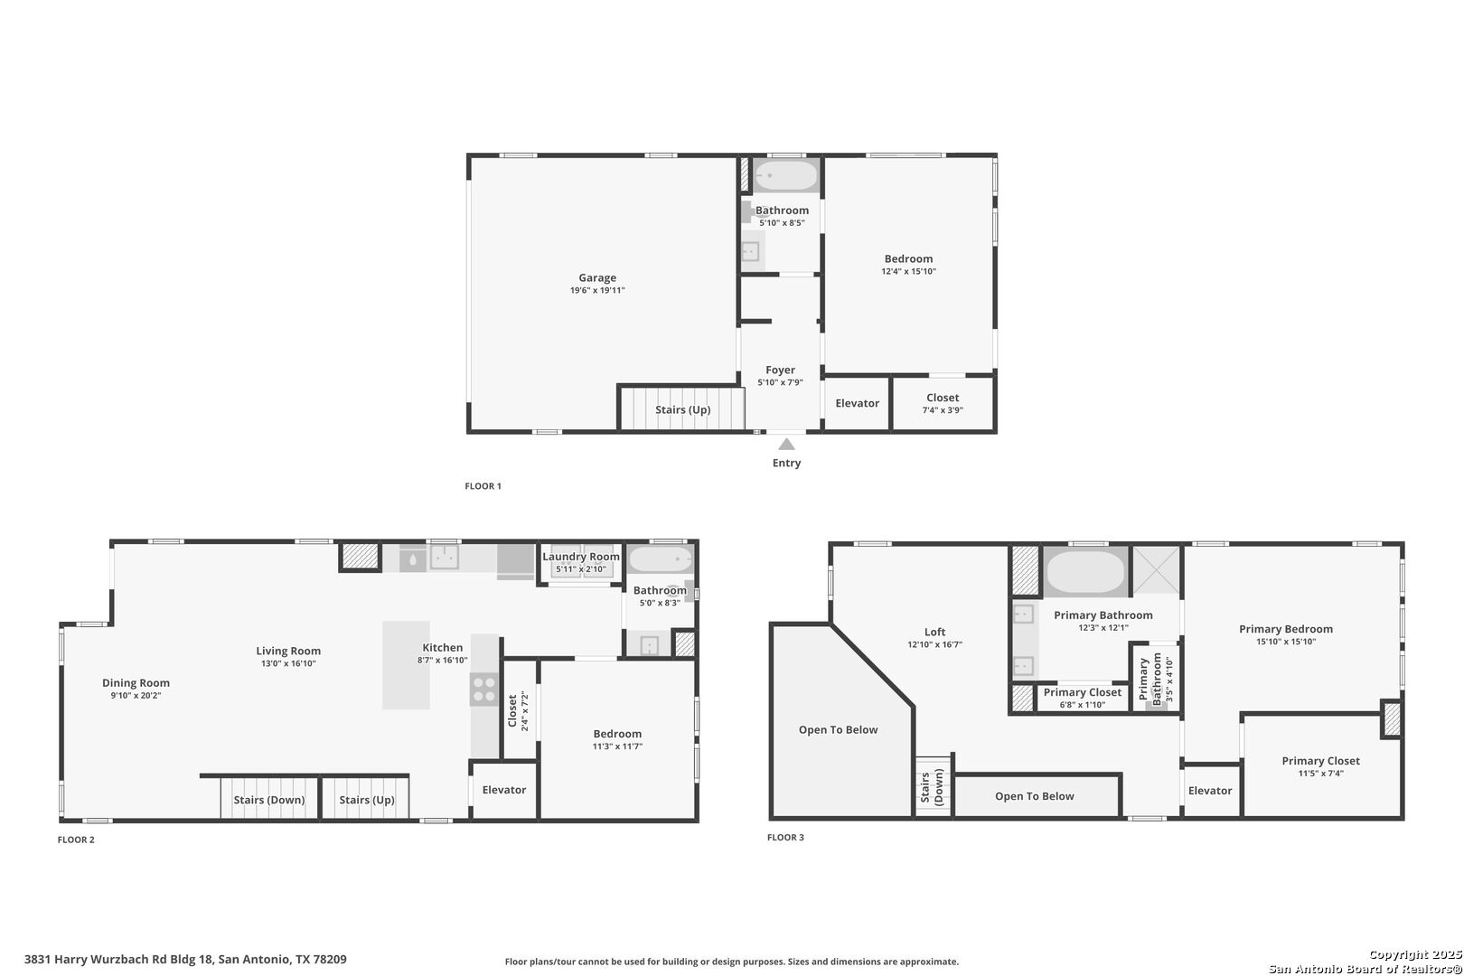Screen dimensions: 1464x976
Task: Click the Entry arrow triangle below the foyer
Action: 786,445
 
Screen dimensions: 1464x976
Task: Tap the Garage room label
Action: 597,277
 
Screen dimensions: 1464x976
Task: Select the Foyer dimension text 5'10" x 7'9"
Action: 781,382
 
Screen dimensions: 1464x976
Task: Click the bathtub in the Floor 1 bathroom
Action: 785,175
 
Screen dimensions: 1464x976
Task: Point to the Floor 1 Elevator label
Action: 857,403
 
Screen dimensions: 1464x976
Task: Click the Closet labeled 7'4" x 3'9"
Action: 943,403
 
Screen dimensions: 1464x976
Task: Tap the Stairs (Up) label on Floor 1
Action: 682,410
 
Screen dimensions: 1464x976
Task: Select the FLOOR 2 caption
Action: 76,840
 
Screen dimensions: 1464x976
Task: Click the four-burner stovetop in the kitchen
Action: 484,690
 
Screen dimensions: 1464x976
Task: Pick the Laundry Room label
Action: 580,557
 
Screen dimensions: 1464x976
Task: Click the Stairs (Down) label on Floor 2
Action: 269,800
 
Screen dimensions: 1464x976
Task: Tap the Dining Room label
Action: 136,683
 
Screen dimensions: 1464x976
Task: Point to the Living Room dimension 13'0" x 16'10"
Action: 288,663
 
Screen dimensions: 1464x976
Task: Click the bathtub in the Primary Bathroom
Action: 1085,571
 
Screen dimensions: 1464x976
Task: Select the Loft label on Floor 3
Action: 934,633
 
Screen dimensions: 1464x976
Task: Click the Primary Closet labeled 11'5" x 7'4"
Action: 1320,767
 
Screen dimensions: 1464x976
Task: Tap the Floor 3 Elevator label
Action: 1210,791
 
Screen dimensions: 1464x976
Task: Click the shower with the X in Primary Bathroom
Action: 1156,570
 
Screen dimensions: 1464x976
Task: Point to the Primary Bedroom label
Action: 1286,629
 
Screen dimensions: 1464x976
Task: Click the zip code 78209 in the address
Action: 330,960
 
